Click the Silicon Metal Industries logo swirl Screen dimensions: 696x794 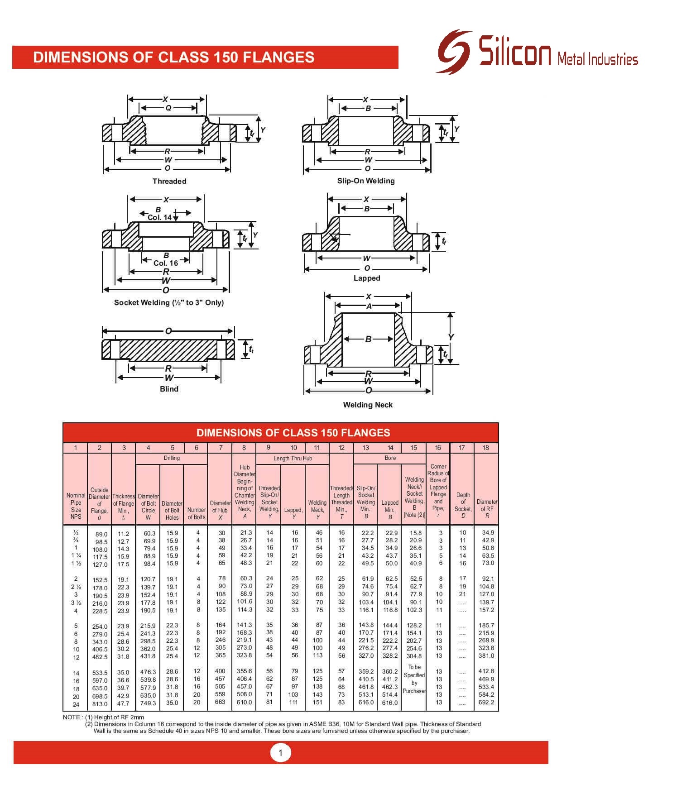[x=454, y=51]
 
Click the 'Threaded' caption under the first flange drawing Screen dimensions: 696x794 [x=169, y=181]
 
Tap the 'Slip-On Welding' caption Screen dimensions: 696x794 [x=366, y=181]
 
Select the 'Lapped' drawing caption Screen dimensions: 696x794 [x=367, y=278]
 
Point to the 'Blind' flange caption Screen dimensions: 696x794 [x=169, y=389]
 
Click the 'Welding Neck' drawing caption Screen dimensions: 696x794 [x=368, y=405]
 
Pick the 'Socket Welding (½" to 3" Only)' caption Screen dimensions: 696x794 [x=169, y=302]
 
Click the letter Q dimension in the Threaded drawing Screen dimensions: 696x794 [x=168, y=108]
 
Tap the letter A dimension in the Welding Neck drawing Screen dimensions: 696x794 [x=369, y=306]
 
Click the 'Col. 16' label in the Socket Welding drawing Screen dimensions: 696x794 [x=166, y=263]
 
